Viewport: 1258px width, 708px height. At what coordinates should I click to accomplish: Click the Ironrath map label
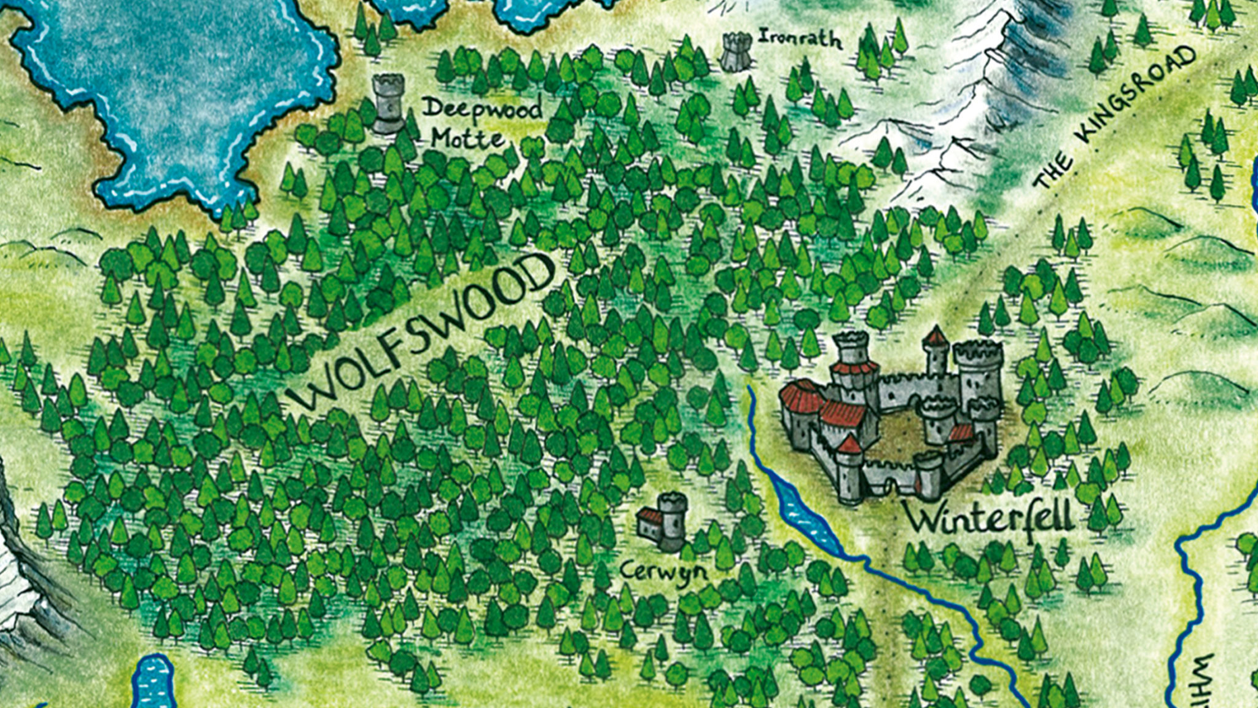[x=800, y=39]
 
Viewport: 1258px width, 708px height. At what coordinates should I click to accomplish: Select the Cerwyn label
[x=663, y=572]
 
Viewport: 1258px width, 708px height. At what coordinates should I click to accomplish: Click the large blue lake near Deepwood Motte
[x=178, y=92]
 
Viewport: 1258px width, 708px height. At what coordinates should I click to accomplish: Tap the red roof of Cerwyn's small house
[x=650, y=515]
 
